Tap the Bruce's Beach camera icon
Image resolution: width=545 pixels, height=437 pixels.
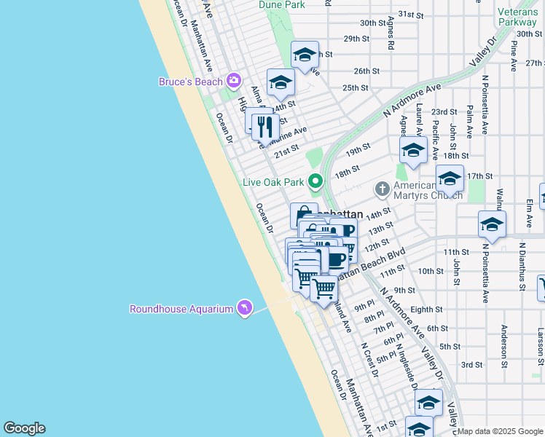point(234,81)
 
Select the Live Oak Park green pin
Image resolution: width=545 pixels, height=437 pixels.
point(315,181)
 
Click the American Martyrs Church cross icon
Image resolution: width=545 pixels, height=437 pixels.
point(381,189)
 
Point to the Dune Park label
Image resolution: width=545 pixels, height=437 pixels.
point(281,4)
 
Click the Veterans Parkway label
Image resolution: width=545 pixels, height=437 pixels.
point(518,17)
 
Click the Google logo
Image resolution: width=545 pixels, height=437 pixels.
point(24,428)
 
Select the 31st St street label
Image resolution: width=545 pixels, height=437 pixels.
point(411,15)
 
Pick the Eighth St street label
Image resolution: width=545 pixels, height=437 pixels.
point(426,310)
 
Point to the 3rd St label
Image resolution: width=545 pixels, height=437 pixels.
point(472,364)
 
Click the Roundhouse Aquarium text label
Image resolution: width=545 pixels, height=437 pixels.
point(181,309)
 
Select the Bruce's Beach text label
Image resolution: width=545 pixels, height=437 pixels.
point(190,82)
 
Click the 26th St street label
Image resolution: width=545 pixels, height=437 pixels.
point(366,71)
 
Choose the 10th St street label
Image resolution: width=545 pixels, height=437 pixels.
point(431,271)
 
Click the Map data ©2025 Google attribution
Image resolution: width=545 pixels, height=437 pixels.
point(501,431)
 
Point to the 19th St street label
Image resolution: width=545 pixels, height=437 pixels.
point(358,151)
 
